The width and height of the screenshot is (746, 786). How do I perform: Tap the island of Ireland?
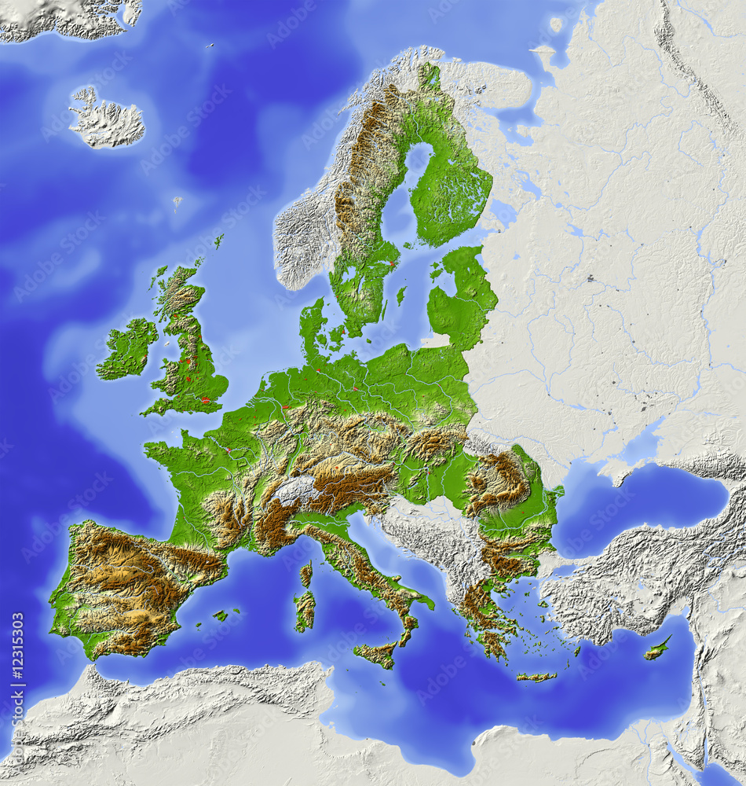point(127,348)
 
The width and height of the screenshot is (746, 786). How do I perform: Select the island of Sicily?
point(375,652)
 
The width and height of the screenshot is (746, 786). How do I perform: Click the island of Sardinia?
point(304,609)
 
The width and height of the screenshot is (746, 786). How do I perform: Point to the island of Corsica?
point(305,575)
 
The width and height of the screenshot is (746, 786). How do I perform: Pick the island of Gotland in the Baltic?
point(400,296)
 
